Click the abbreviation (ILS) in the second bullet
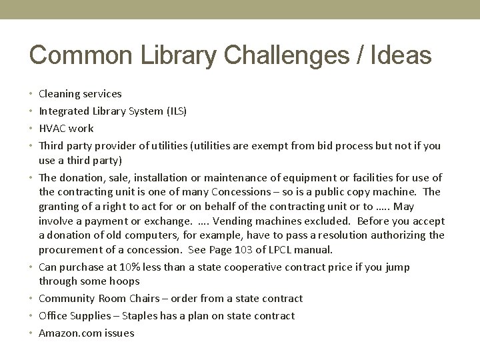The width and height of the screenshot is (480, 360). click(x=175, y=111)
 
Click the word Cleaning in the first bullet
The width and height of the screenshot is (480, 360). click(x=59, y=94)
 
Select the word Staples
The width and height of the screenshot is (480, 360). click(x=133, y=316)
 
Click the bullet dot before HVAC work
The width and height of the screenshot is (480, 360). click(x=32, y=128)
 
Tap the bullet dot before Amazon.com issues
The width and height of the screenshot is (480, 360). click(x=32, y=333)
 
